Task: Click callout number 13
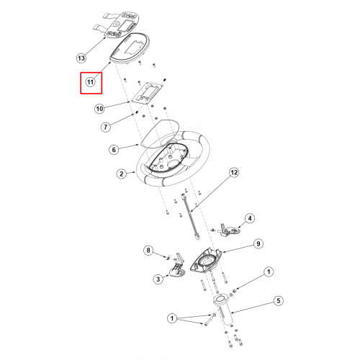tap(81, 58)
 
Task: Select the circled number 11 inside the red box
tap(90, 82)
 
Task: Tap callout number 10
tap(99, 109)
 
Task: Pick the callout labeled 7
tap(106, 127)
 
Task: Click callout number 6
tap(114, 150)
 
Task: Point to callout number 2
tap(122, 174)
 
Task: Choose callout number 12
tap(234, 172)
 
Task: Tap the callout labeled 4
tap(250, 218)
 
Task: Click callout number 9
tap(258, 244)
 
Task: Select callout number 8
tap(148, 251)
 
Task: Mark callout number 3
tap(158, 279)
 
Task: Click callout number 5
tap(279, 301)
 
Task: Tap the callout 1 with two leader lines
tap(172, 318)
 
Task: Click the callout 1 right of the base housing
tap(269, 272)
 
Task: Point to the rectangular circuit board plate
tap(148, 93)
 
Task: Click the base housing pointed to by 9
tap(206, 261)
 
